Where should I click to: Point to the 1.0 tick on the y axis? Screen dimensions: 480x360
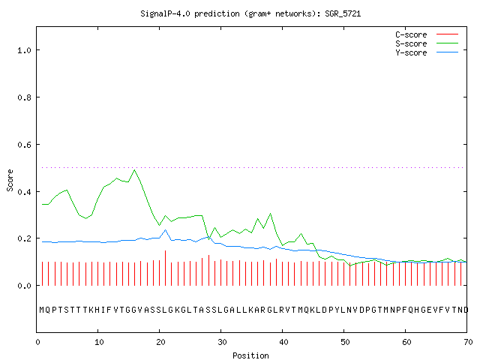[24, 50]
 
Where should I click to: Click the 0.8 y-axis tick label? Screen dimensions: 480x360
[24, 97]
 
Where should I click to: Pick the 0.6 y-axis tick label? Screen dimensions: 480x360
[24, 145]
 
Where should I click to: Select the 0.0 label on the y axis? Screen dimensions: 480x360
[24, 286]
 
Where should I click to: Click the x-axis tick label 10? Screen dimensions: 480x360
[99, 342]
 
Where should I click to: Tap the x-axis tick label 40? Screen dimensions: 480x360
[283, 342]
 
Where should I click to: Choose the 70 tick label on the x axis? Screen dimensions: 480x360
[468, 342]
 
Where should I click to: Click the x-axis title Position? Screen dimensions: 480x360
[250, 355]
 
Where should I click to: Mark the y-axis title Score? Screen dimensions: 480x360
[10, 180]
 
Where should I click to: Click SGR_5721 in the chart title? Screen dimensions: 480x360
[343, 13]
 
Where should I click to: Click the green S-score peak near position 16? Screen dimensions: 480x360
[135, 170]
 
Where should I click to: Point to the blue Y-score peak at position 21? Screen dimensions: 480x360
[166, 229]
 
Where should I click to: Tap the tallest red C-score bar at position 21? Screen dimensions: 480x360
[165, 268]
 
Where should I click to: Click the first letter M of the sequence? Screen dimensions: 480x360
[42, 310]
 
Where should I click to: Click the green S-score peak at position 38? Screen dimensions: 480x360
[270, 213]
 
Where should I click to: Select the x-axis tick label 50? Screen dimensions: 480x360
[345, 342]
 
